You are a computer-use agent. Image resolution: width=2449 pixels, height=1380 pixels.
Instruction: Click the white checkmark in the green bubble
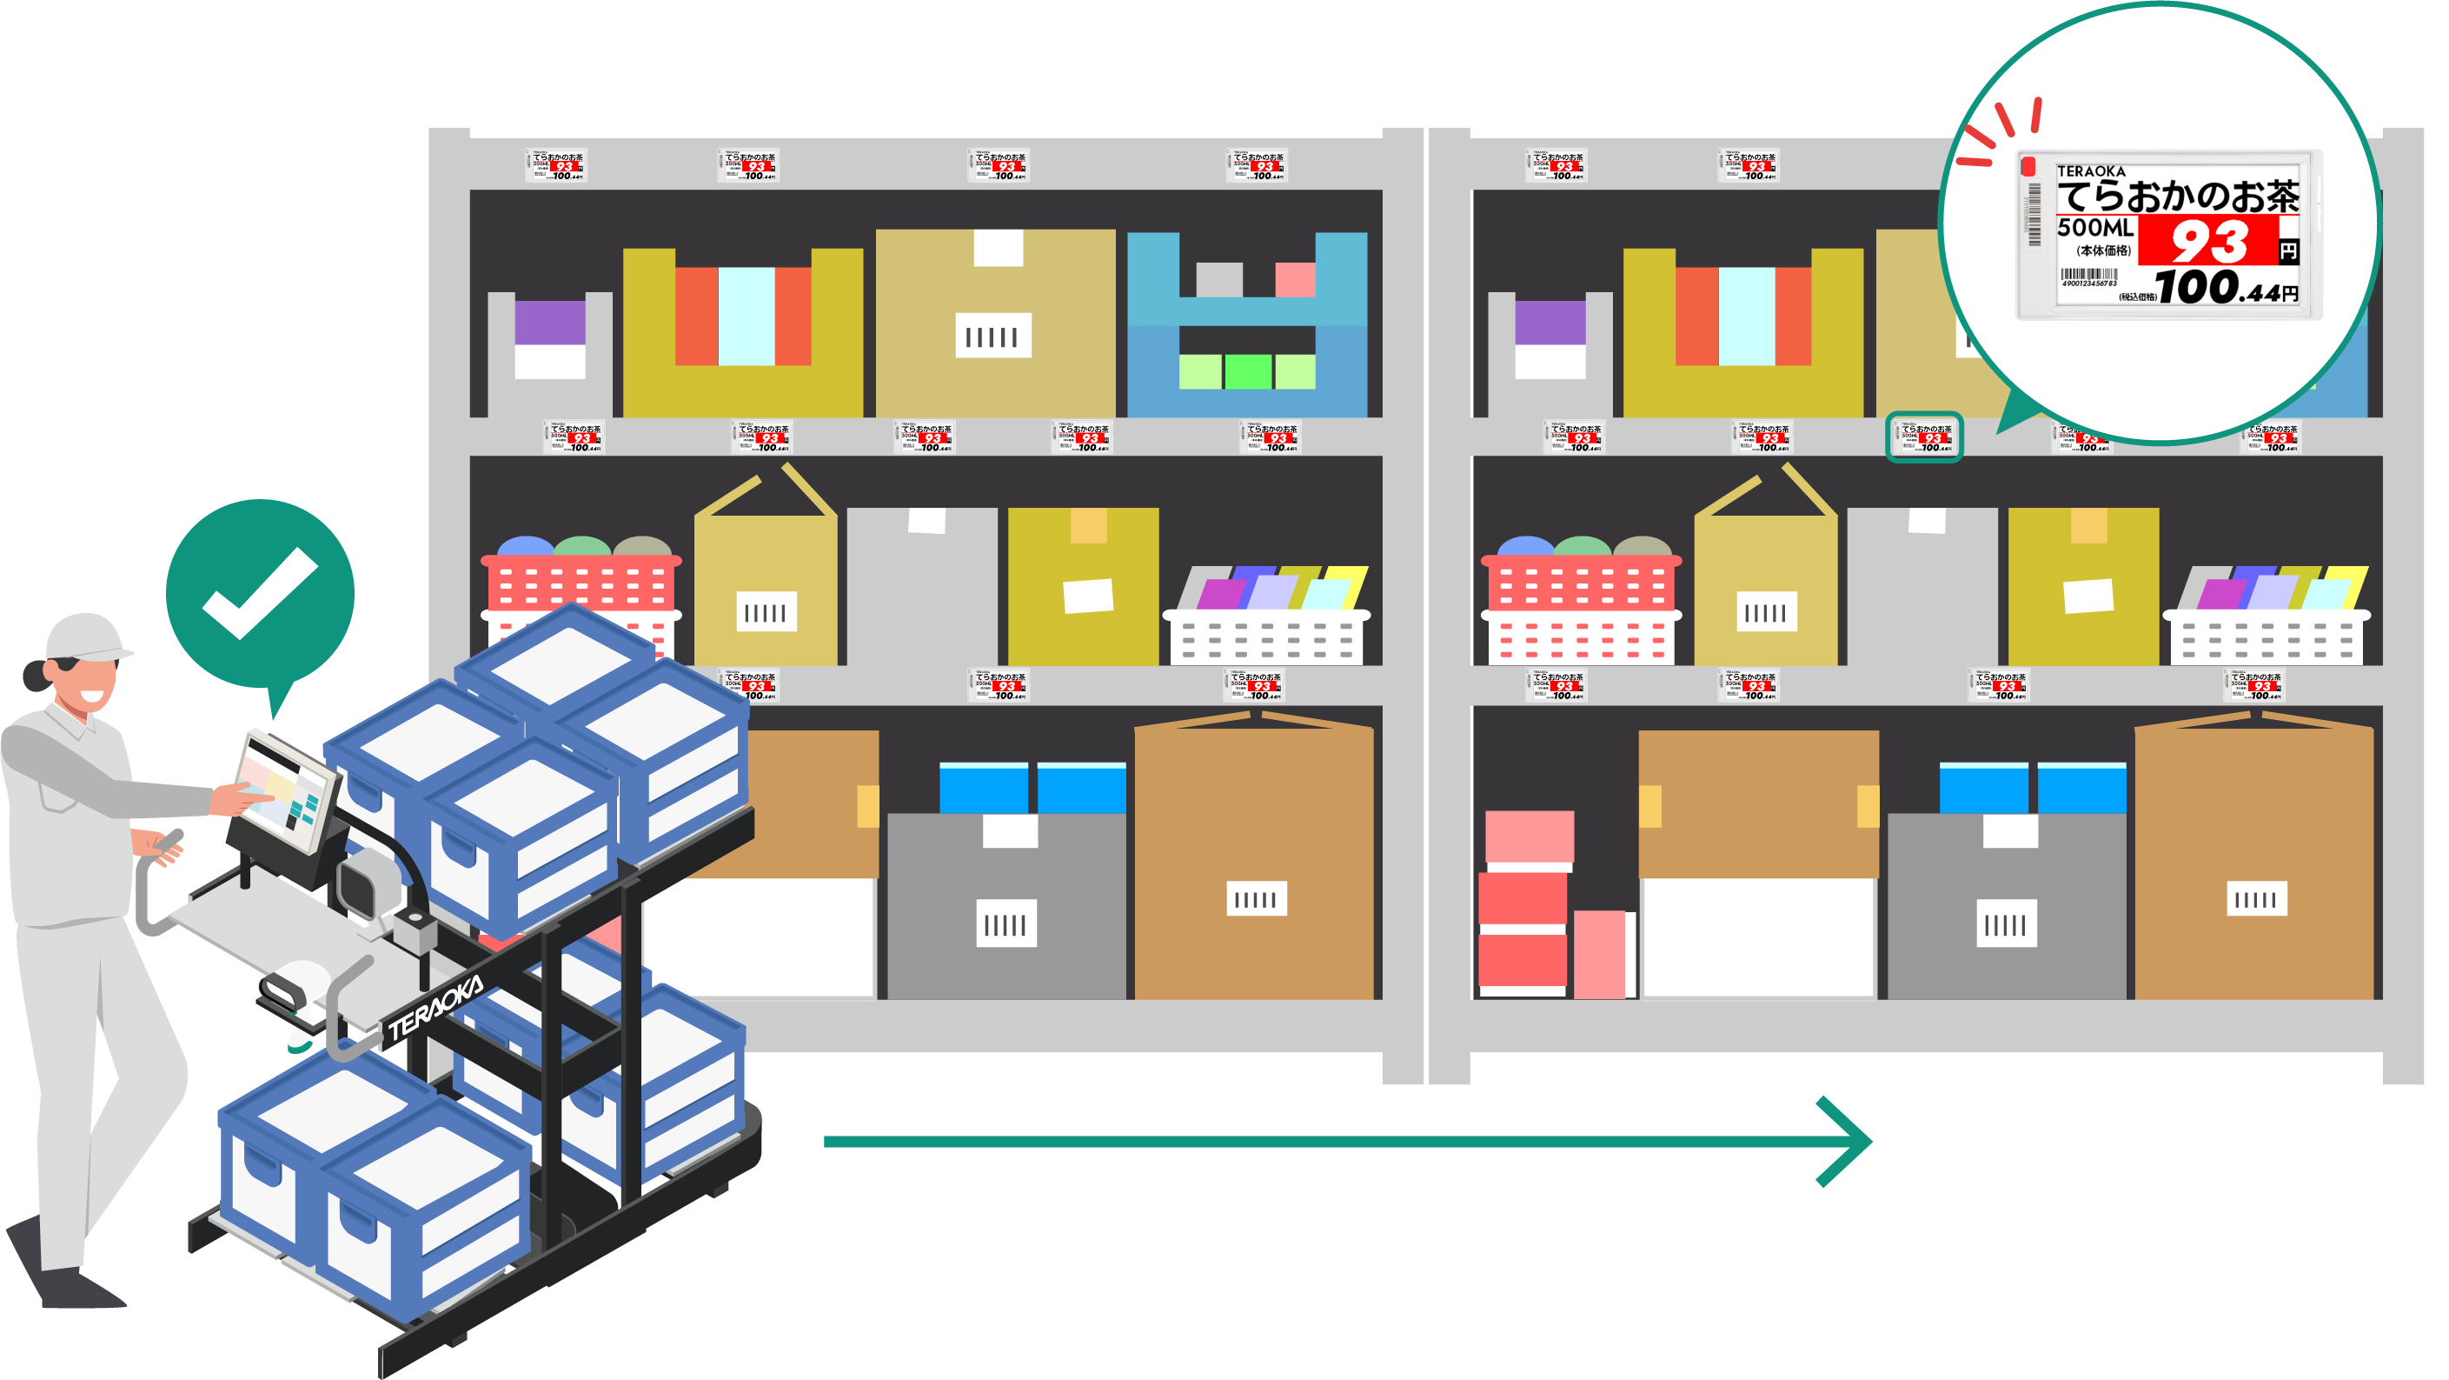(x=259, y=591)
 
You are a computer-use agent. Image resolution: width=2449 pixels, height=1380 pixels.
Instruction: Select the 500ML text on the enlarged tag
(x=2095, y=227)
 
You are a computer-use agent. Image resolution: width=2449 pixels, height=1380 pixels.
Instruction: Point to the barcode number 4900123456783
(x=2088, y=283)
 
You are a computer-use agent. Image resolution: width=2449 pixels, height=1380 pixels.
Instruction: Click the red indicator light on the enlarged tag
(x=2028, y=167)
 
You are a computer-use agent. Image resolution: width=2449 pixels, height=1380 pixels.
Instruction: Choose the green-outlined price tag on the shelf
(x=1923, y=437)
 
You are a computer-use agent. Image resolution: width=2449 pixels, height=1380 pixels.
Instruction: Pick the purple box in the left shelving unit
(x=549, y=322)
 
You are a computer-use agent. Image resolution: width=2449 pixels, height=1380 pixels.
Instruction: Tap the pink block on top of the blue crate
(x=1295, y=280)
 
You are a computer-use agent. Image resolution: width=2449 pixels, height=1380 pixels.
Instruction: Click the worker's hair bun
(x=35, y=676)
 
